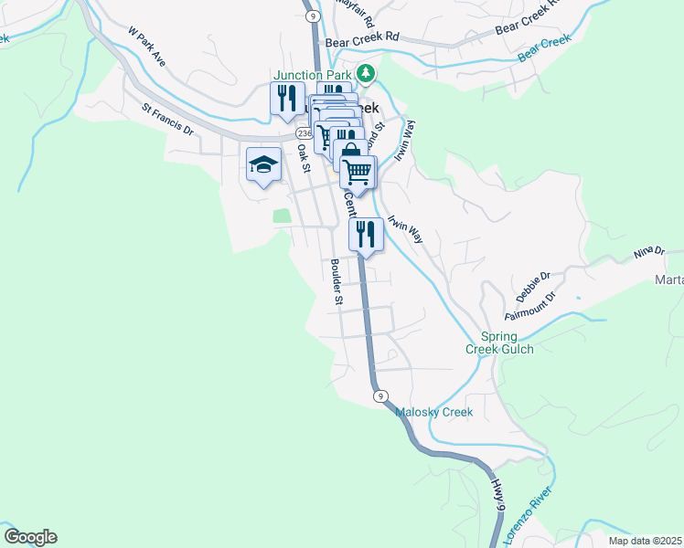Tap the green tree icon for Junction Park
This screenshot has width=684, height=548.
(366, 73)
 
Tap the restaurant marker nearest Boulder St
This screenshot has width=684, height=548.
(366, 235)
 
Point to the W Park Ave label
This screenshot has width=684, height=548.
(147, 46)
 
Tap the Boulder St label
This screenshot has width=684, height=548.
(337, 281)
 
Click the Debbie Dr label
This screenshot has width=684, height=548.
(532, 287)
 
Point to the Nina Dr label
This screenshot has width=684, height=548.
(648, 251)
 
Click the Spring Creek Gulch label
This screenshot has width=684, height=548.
(498, 342)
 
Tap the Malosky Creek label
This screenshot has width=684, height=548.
(433, 412)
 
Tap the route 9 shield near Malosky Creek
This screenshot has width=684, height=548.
(379, 395)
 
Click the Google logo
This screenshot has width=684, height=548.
(30, 537)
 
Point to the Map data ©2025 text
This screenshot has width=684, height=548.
(644, 541)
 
